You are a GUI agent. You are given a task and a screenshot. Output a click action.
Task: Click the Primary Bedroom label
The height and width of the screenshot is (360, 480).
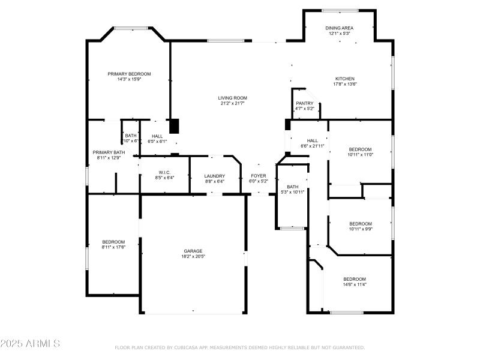pos(129,74)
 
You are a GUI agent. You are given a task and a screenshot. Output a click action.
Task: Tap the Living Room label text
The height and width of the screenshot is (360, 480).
pos(232,98)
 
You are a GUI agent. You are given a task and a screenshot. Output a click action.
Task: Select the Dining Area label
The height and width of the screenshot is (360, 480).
pos(339,28)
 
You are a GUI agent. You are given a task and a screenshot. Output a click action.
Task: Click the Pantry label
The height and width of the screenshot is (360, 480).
pos(305,103)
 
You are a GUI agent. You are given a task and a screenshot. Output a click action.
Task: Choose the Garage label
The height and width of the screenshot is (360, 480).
pos(193,251)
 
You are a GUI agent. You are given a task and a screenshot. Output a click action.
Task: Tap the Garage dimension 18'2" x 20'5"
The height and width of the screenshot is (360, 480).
pos(193,256)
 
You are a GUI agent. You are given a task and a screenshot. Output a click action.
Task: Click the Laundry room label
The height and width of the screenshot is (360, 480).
pos(215,176)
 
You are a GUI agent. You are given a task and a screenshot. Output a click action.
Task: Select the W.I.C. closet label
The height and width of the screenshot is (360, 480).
pos(165,172)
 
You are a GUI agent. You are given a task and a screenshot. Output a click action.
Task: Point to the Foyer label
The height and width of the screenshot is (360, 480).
pos(259,176)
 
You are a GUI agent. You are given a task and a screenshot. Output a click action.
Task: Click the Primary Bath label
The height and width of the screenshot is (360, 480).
pos(109,152)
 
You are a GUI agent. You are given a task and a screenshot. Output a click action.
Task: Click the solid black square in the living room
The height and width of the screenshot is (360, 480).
pos(174,126)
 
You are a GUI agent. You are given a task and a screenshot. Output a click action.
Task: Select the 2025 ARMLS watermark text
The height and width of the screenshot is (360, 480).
pos(30,344)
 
